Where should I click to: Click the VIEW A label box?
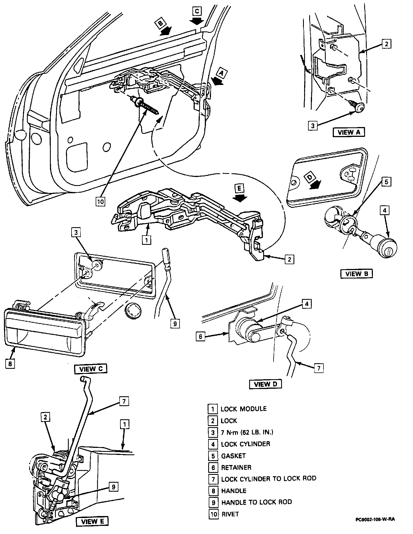(x=348, y=132)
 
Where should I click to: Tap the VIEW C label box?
(x=91, y=369)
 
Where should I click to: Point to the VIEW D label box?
(x=265, y=384)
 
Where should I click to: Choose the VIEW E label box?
(x=92, y=522)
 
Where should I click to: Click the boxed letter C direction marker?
(x=197, y=11)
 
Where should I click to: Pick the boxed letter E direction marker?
(x=239, y=188)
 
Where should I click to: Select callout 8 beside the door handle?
(x=10, y=364)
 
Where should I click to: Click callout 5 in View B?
(x=386, y=182)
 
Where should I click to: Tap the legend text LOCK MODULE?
(x=244, y=409)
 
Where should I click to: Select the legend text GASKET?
(x=233, y=456)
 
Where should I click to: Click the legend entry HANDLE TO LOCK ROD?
(x=256, y=502)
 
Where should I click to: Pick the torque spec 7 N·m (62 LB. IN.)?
(x=247, y=432)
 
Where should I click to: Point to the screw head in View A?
(x=360, y=107)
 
